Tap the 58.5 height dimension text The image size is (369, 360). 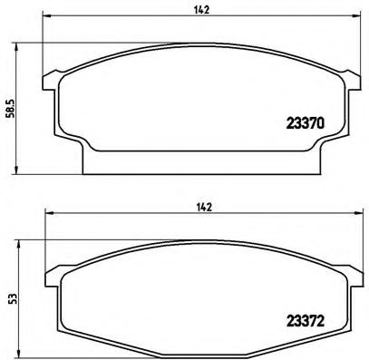[x=8, y=106]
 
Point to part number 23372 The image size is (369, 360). [x=306, y=319]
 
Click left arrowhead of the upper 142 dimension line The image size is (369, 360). [x=46, y=20]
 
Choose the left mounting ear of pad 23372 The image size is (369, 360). [x=52, y=272]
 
